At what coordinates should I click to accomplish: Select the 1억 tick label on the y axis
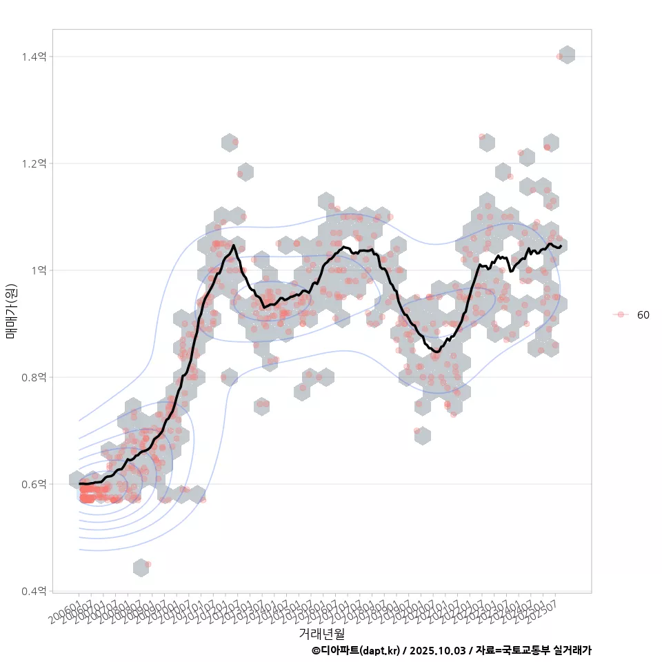click(x=39, y=270)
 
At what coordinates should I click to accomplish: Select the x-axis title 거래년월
click(x=321, y=633)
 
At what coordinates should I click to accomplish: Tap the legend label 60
click(x=643, y=314)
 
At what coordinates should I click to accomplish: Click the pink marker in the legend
click(x=621, y=314)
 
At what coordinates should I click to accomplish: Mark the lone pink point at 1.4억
click(x=559, y=57)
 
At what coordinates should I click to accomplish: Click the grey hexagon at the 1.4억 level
click(x=568, y=55)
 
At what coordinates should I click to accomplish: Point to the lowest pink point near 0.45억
click(x=148, y=564)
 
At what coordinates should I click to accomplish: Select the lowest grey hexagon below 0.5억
click(x=141, y=568)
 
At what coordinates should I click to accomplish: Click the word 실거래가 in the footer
click(x=573, y=650)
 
